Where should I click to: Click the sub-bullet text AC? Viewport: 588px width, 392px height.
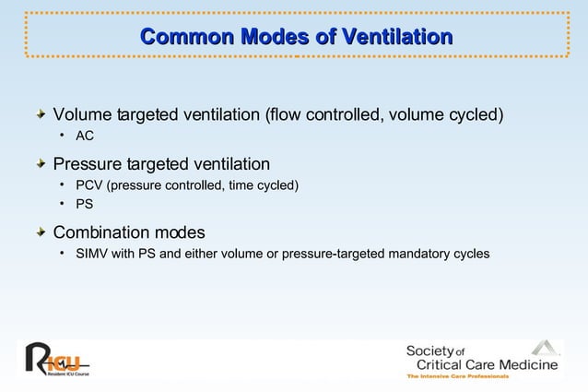pos(85,137)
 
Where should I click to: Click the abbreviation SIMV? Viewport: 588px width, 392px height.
pos(93,253)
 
